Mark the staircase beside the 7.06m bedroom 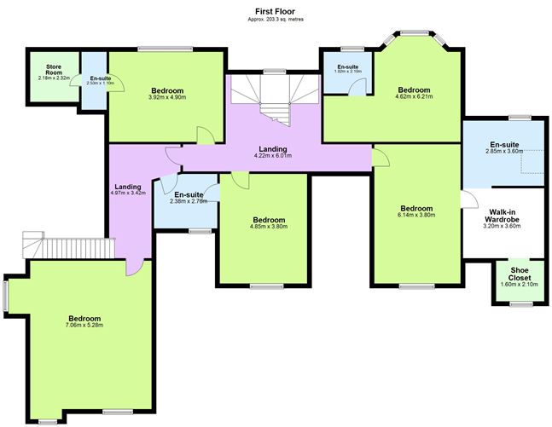click(68, 246)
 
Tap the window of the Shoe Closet click(515, 303)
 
